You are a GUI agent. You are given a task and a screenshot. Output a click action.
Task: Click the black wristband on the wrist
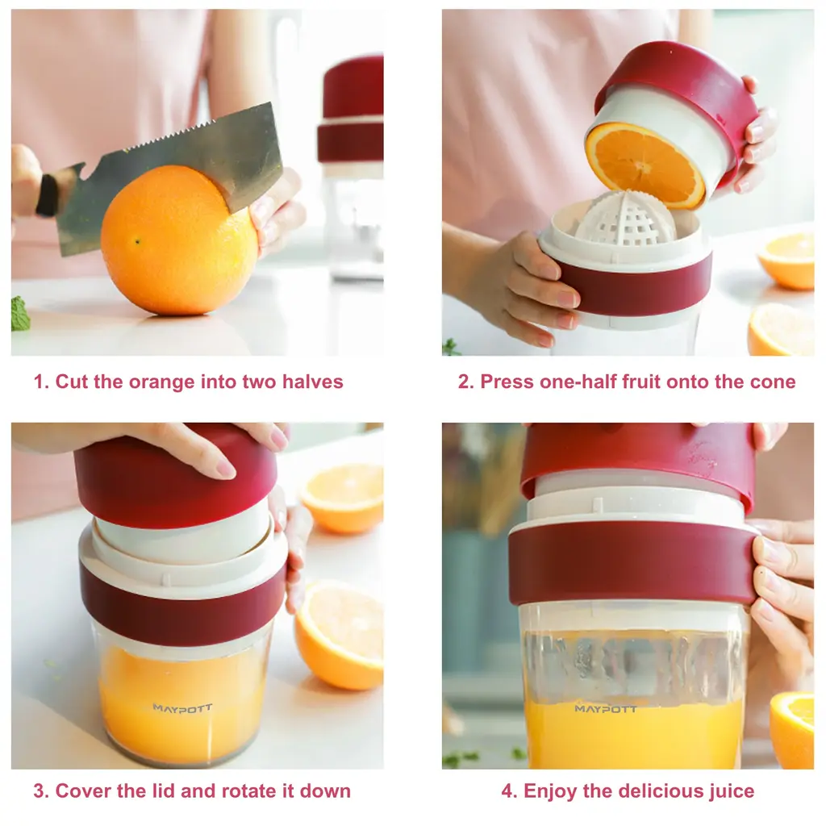click(48, 195)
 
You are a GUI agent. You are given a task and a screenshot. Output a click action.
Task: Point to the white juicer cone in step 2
click(626, 220)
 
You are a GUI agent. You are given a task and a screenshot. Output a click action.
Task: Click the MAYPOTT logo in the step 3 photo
click(182, 708)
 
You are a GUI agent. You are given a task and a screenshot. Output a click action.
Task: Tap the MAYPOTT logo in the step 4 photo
click(606, 709)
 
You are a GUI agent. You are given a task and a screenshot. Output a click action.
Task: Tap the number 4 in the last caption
click(507, 791)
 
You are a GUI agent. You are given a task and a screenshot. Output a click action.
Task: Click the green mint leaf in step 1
click(20, 315)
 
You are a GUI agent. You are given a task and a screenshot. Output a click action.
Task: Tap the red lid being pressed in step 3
click(175, 476)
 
